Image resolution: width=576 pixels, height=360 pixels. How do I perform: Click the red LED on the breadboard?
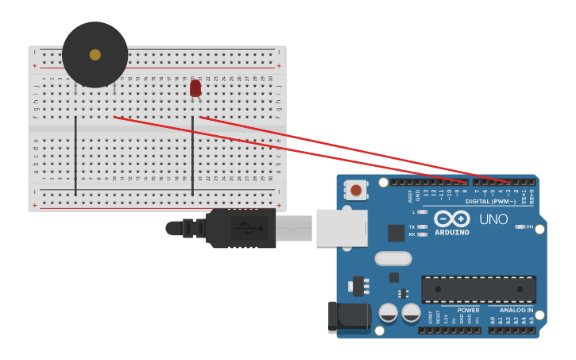195,87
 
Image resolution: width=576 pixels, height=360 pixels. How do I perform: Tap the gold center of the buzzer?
95,55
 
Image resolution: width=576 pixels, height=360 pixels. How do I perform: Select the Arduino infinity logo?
451,219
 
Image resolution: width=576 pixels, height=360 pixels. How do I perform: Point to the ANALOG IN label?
516,310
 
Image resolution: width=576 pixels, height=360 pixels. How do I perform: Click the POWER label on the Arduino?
469,310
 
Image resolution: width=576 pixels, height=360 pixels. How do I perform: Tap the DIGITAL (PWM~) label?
490,201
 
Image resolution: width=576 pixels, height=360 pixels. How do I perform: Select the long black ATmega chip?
478,289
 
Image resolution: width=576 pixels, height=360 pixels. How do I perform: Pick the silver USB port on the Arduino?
342,228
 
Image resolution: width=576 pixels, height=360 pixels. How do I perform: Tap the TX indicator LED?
422,226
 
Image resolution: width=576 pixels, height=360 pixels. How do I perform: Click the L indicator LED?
422,212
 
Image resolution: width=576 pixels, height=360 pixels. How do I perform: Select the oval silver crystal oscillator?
393,258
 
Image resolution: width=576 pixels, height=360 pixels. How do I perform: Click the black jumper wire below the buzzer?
75,155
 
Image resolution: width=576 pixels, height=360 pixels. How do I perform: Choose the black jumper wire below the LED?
192,155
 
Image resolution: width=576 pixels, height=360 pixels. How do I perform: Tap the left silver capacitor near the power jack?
389,312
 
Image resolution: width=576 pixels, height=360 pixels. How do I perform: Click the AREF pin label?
411,193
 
